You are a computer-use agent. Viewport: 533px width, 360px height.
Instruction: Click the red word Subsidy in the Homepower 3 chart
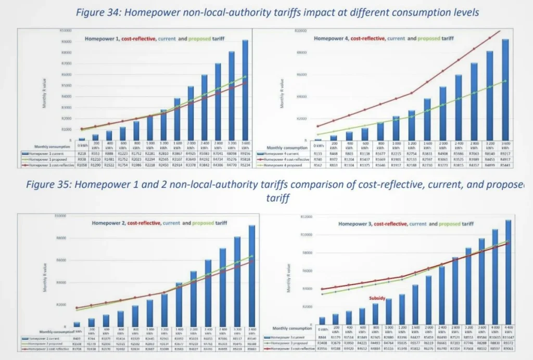377,299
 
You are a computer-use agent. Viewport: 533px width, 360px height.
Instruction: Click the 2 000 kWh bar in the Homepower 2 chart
193,299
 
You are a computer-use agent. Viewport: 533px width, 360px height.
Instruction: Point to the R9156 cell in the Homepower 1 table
245,153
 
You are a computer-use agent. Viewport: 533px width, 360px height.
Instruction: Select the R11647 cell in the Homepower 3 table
508,337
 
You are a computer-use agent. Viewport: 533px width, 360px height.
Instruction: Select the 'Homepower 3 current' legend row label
288,337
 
